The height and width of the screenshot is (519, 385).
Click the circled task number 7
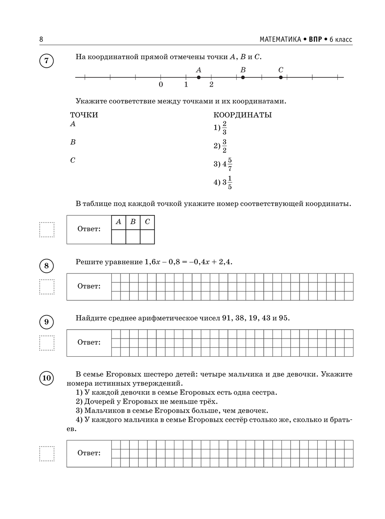tap(47, 61)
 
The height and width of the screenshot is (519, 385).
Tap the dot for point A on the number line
tap(199, 77)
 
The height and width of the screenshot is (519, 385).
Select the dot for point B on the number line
tap(243, 77)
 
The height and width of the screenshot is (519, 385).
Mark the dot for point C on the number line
tap(281, 77)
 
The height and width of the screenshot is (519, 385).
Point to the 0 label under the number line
tap(161, 85)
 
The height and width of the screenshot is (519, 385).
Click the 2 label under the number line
tap(211, 85)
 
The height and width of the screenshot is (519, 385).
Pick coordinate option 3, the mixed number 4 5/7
tap(223, 164)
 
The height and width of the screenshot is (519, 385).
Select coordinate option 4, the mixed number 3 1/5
tap(223, 183)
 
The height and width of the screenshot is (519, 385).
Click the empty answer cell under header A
tap(119, 237)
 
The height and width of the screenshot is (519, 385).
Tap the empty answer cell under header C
tap(147, 237)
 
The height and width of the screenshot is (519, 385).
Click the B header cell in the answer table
tap(133, 222)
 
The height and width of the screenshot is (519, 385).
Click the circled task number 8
tap(47, 266)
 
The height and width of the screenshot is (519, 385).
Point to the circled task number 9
tap(47, 322)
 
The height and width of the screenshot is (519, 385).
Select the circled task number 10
tap(47, 378)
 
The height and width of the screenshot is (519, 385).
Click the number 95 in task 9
tap(283, 318)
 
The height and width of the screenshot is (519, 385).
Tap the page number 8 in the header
tap(41, 39)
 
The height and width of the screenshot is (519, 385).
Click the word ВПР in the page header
tap(315, 39)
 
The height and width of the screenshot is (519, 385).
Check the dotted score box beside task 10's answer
tap(47, 453)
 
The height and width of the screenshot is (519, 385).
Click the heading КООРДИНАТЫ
tap(243, 115)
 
